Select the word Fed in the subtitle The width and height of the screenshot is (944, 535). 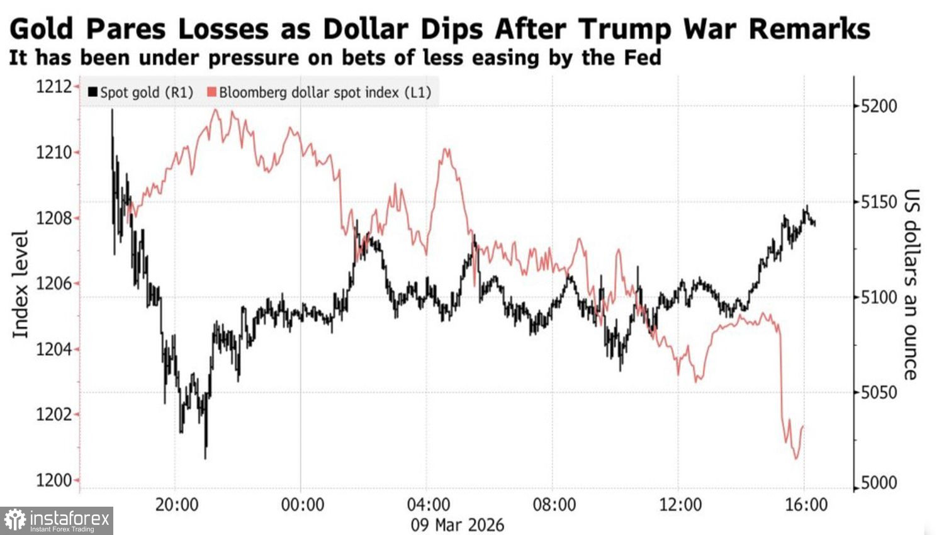643,58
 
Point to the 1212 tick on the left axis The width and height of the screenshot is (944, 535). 53,86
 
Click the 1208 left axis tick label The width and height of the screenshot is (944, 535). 53,218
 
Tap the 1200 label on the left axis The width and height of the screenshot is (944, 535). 53,480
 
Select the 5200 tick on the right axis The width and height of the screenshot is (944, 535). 879,106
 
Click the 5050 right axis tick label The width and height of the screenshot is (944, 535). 879,393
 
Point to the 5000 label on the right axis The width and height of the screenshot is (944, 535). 879,483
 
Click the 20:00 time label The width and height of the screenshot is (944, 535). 177,505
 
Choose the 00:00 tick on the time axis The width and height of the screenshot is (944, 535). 303,505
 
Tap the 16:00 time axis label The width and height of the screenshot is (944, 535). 806,505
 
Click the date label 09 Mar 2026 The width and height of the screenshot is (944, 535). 458,525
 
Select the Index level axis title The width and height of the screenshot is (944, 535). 21,284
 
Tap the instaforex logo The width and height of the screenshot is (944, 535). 57,521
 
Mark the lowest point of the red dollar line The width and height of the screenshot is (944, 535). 796,458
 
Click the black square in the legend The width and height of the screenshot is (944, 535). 93,93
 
